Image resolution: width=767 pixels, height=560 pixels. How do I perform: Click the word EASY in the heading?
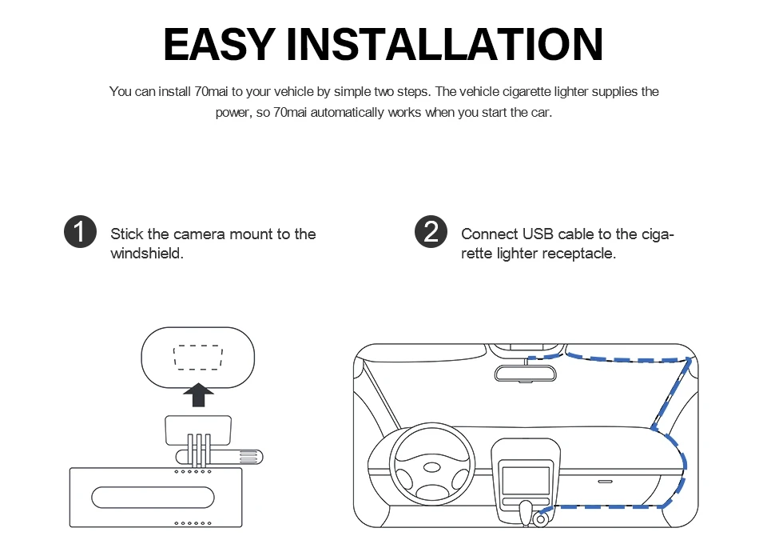point(219,45)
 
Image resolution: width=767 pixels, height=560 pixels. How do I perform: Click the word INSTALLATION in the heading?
point(444,45)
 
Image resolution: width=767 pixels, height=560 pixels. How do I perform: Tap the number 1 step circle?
point(79,232)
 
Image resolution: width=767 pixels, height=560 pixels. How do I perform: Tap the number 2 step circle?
point(431,232)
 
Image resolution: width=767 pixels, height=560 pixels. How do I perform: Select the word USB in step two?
point(538,234)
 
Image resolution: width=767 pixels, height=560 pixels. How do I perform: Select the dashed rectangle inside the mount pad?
point(197,358)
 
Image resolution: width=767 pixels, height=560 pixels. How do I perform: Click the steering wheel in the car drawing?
point(431,466)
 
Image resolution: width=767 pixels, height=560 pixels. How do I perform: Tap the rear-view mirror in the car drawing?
point(525,374)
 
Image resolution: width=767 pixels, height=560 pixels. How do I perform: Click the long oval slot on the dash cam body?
point(153,497)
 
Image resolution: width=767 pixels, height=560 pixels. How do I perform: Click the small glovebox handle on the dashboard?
point(605,482)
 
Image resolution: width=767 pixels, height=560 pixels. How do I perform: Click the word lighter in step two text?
point(517,254)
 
